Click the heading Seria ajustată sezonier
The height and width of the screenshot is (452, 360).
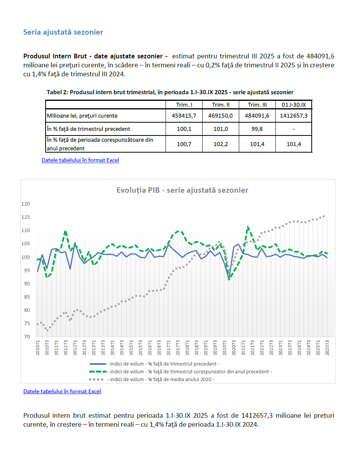click(x=63, y=32)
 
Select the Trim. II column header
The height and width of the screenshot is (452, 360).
click(x=221, y=105)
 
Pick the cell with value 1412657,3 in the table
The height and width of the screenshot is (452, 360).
click(x=293, y=116)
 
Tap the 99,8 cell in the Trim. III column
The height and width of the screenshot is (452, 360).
click(x=257, y=128)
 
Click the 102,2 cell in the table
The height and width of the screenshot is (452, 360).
click(x=221, y=144)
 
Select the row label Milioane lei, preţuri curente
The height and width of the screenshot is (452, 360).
click(x=82, y=116)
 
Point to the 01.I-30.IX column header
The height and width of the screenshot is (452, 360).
click(x=293, y=105)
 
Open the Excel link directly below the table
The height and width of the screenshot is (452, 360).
click(x=80, y=160)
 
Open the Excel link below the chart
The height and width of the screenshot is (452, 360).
click(x=62, y=391)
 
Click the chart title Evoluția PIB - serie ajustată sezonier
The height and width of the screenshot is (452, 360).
click(x=182, y=190)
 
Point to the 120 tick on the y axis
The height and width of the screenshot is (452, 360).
click(x=26, y=204)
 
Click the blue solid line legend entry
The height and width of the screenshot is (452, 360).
click(x=163, y=364)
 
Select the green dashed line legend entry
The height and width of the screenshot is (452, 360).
click(x=191, y=371)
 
